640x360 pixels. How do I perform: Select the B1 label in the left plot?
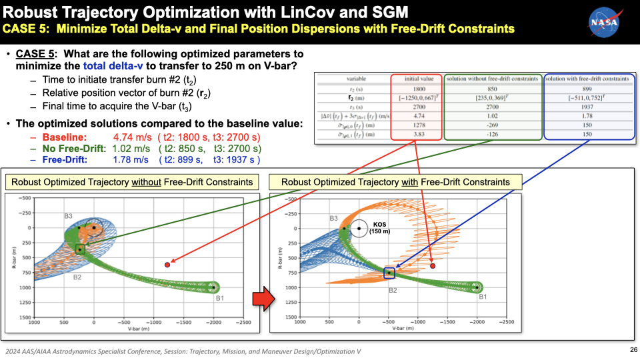click(x=219, y=298)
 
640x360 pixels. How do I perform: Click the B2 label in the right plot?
click(x=393, y=290)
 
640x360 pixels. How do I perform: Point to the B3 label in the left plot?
click(x=69, y=216)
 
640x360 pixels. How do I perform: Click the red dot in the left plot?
click(x=167, y=265)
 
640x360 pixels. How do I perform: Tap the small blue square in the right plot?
click(x=389, y=272)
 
